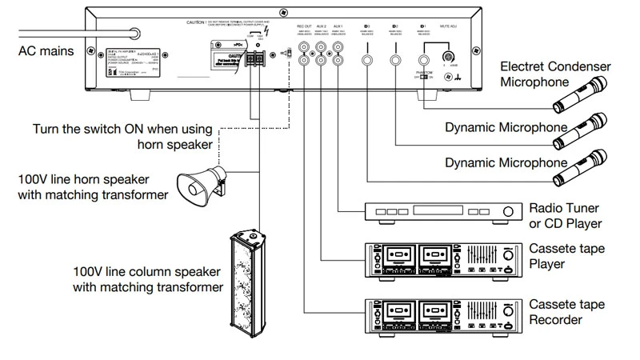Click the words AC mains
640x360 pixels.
click(x=46, y=51)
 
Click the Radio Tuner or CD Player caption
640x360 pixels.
click(x=565, y=216)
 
